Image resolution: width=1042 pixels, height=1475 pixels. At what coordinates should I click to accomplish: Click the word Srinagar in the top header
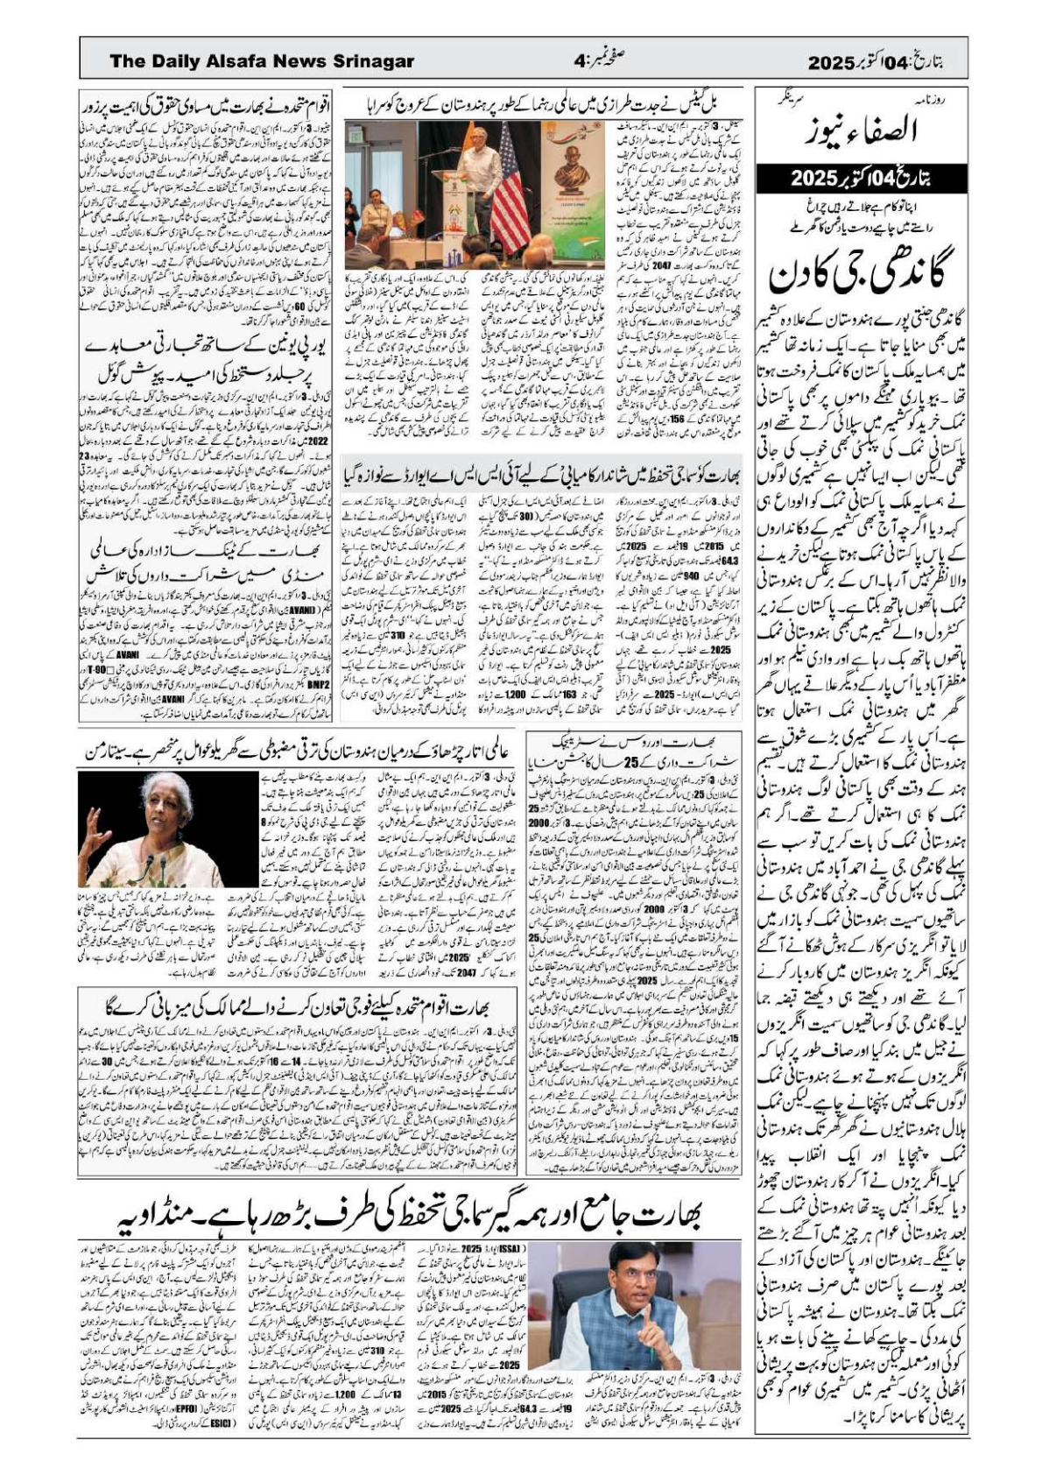click(x=370, y=61)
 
